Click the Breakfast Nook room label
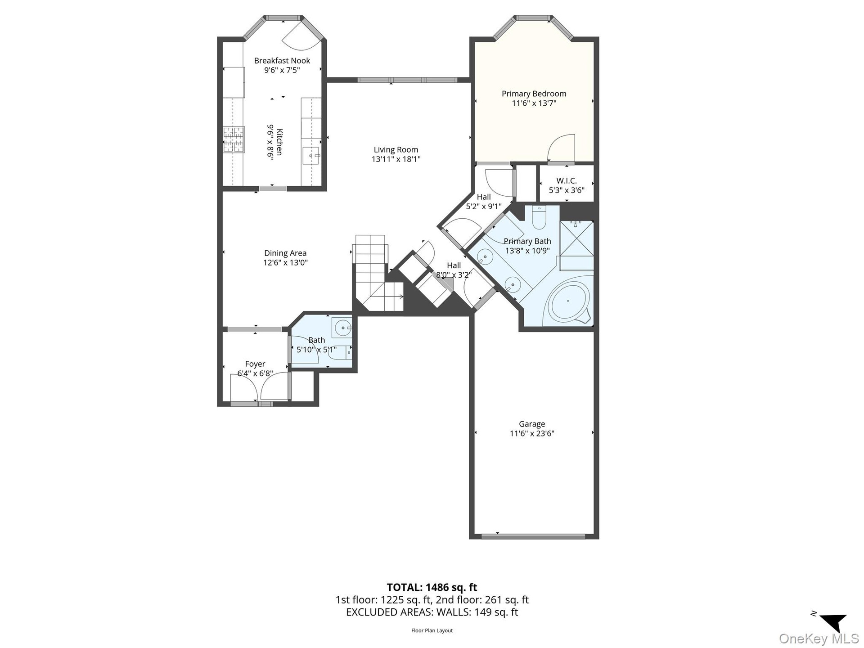tap(282, 61)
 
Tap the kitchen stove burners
tap(234, 140)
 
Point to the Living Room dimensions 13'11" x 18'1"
tap(396, 159)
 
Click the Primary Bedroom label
tap(534, 94)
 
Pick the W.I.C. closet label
tap(567, 180)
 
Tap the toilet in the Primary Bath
tap(539, 217)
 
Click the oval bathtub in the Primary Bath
tap(568, 301)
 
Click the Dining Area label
tap(285, 253)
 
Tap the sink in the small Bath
tap(343, 328)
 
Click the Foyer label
tap(255, 364)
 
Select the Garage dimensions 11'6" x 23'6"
tap(532, 434)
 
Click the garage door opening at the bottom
tap(533, 536)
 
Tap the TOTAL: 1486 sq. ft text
tap(432, 587)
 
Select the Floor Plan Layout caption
tap(432, 630)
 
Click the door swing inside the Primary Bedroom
tap(561, 148)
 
